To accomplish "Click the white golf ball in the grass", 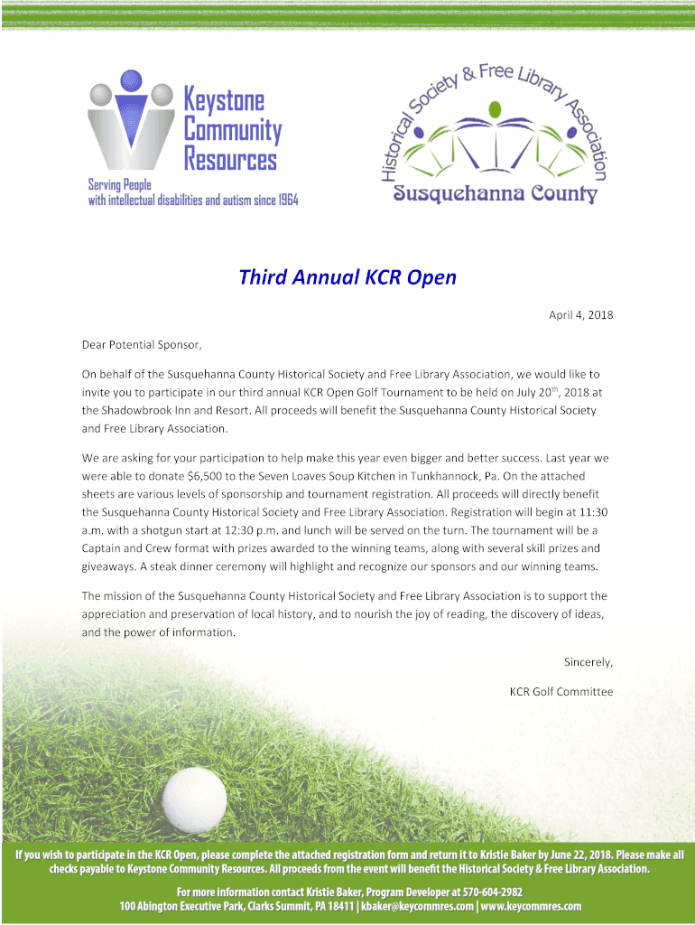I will pyautogui.click(x=194, y=799).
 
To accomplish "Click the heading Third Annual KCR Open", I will pyautogui.click(x=347, y=276).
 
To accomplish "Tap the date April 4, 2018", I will pyautogui.click(x=581, y=315).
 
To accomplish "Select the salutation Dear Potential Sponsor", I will pyautogui.click(x=143, y=344).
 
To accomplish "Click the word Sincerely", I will pyautogui.click(x=588, y=662).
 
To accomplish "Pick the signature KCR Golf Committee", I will pyautogui.click(x=561, y=692).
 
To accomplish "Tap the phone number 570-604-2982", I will pyautogui.click(x=491, y=892).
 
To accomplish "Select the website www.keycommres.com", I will pyautogui.click(x=531, y=907).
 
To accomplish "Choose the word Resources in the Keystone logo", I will pyautogui.click(x=231, y=161).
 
